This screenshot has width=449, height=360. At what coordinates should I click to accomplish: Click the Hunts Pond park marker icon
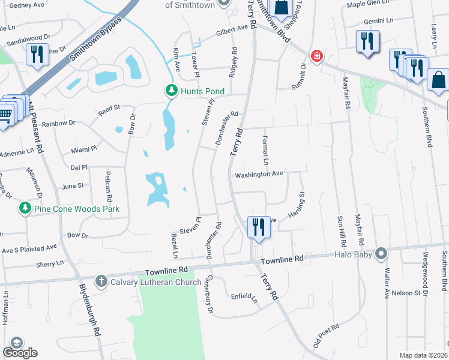(172, 91)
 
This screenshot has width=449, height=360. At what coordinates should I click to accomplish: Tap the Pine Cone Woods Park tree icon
(25, 209)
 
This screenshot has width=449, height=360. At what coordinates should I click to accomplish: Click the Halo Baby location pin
(381, 254)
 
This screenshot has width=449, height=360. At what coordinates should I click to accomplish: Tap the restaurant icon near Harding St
(258, 227)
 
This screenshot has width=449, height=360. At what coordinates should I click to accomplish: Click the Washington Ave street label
(259, 175)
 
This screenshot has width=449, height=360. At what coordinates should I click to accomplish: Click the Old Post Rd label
(327, 336)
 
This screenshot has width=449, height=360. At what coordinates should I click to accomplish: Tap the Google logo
(20, 353)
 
